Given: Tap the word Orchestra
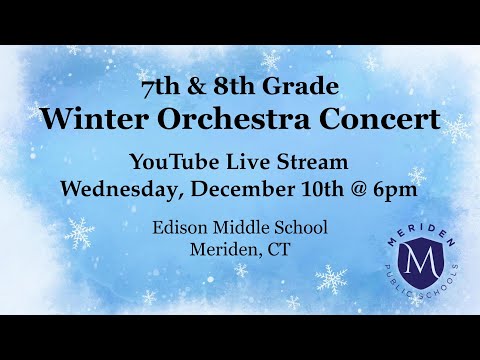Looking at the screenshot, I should click(x=225, y=120).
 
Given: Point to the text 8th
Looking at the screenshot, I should click(x=240, y=85).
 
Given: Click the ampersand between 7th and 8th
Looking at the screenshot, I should click(x=204, y=85).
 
